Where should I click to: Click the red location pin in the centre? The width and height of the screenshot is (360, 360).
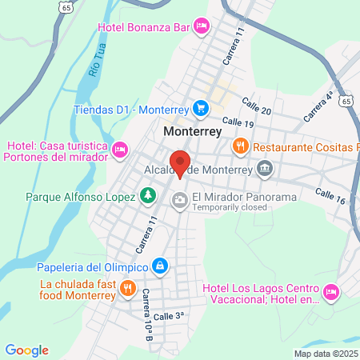[181, 162]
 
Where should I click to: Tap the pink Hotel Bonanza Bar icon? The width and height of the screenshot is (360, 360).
[202, 27]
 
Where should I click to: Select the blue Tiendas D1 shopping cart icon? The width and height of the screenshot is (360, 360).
[201, 108]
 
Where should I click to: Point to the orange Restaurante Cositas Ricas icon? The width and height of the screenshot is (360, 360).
[239, 146]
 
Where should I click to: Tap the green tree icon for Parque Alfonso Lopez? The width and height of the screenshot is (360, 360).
[147, 195]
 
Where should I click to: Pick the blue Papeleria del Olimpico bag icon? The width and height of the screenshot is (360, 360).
[161, 266]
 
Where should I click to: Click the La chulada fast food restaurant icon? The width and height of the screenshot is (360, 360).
[126, 287]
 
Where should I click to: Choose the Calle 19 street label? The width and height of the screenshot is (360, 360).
[238, 123]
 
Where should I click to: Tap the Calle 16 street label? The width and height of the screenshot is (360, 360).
[330, 196]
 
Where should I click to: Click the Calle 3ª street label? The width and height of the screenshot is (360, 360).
[168, 316]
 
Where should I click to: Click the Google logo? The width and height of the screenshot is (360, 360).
[27, 350]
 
